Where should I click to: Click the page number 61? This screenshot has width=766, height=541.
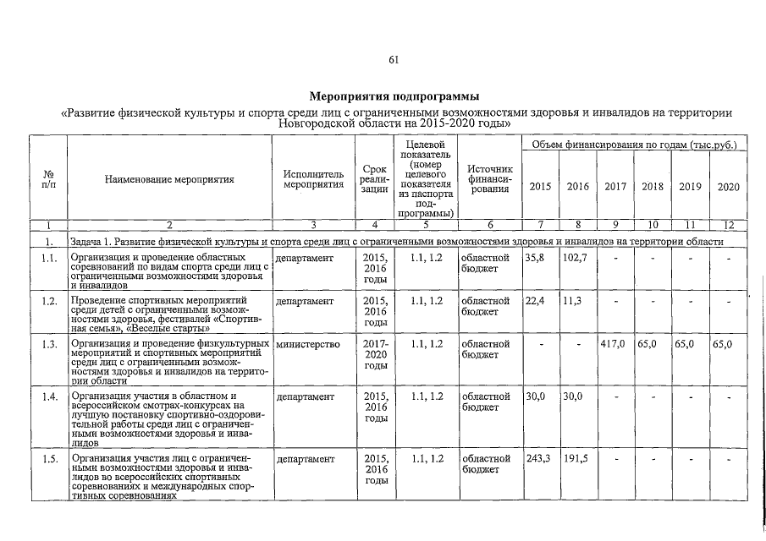pos(393,59)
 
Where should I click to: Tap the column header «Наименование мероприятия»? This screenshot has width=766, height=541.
pos(168,180)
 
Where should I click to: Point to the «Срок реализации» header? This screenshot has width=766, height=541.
pos(374,179)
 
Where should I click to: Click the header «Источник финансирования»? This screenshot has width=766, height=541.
pos(489,179)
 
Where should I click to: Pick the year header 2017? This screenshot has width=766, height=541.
pos(615,186)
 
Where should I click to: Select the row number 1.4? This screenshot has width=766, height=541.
pos(49,395)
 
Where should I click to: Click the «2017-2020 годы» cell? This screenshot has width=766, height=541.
pos(374,355)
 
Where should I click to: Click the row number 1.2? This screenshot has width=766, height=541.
pos(49,300)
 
